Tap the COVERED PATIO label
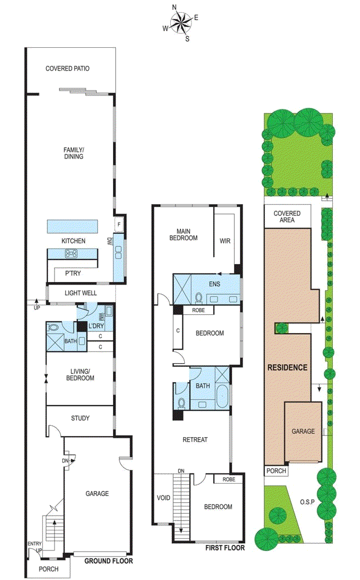point(67,69)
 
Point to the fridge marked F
point(119,225)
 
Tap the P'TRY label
point(73,274)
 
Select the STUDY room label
point(80,418)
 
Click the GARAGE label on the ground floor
point(97,493)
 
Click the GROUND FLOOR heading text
point(109,561)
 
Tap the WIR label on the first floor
point(225,241)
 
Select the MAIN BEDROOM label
point(187,234)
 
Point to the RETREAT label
point(195,439)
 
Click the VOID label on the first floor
point(164,498)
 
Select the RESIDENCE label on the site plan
point(287,368)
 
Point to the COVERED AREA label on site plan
point(287,216)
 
